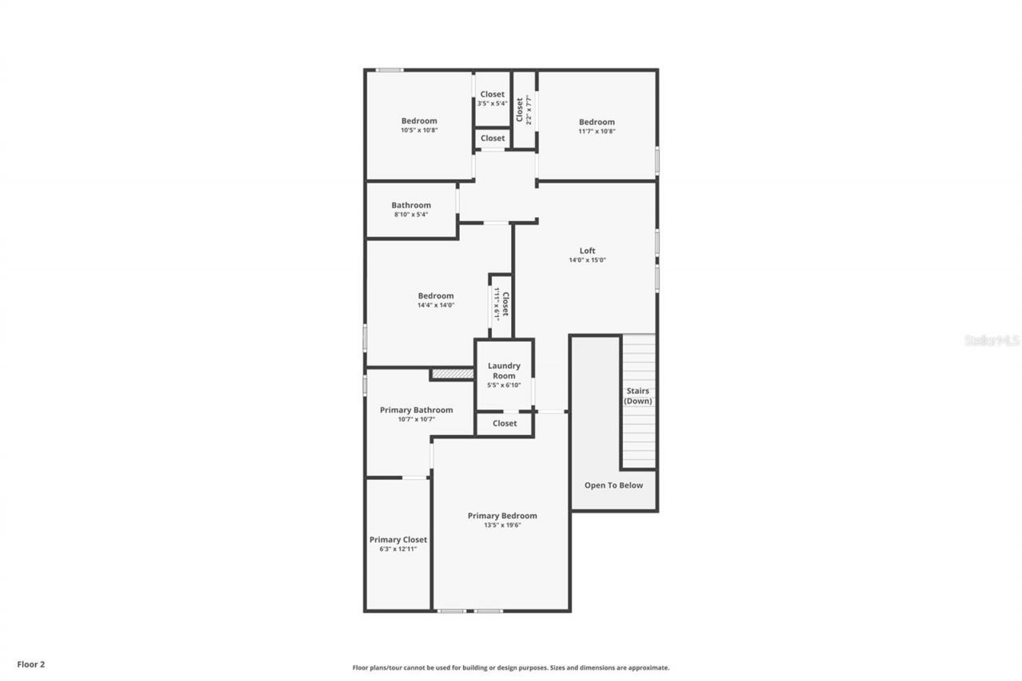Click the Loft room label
click(587, 251)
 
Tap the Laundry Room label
click(504, 370)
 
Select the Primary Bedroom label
click(502, 516)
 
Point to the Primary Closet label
click(398, 540)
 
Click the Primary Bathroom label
click(416, 410)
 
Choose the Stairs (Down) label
click(638, 396)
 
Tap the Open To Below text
click(613, 485)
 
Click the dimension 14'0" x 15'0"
click(587, 260)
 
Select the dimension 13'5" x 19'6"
click(502, 525)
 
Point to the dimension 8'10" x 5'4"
click(410, 215)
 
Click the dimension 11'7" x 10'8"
click(596, 132)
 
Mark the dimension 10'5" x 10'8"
click(419, 130)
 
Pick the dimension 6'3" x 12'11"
click(398, 549)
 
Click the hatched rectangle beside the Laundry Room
click(452, 374)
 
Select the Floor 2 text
click(31, 663)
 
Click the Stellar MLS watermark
click(992, 340)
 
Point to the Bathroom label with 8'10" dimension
click(410, 205)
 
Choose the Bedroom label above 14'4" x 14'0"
click(436, 295)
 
